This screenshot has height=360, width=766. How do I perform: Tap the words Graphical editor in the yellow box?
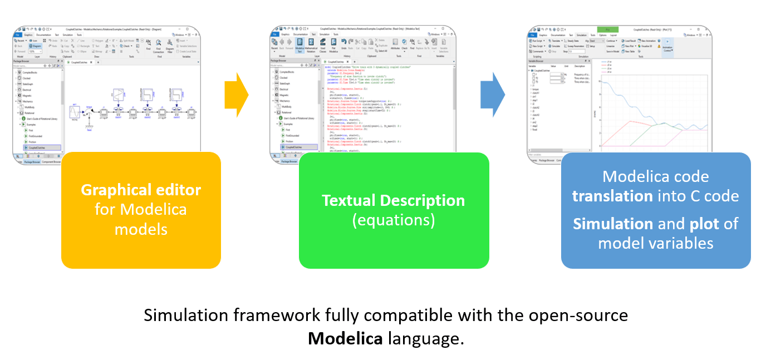pyautogui.click(x=141, y=190)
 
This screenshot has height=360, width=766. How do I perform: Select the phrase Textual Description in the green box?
pyautogui.click(x=393, y=200)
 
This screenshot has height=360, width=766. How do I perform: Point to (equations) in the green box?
pyautogui.click(x=393, y=220)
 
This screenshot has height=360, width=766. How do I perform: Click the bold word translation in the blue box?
pyautogui.click(x=612, y=196)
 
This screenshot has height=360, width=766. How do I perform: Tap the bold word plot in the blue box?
pyautogui.click(x=705, y=224)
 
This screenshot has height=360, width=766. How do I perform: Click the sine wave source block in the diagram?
pyautogui.click(x=75, y=114)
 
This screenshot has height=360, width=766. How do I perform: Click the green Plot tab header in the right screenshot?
pyautogui.click(x=607, y=29)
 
